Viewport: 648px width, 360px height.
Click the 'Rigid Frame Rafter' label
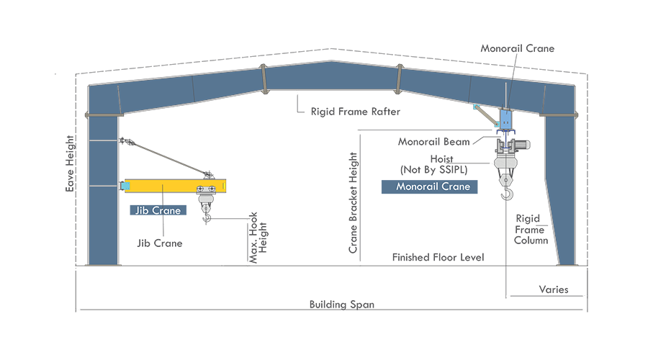click(355, 112)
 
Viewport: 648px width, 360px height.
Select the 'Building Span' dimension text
click(341, 305)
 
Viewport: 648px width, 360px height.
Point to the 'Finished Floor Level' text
click(438, 257)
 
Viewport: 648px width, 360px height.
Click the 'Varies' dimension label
click(553, 289)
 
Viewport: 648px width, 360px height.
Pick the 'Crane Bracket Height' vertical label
click(353, 203)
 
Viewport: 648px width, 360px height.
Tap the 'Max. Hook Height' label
click(258, 237)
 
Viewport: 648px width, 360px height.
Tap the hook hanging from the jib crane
click(207, 214)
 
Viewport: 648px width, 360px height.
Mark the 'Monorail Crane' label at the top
click(518, 48)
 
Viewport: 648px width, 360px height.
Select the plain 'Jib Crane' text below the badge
click(159, 243)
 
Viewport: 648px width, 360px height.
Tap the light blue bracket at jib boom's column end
click(125, 186)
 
